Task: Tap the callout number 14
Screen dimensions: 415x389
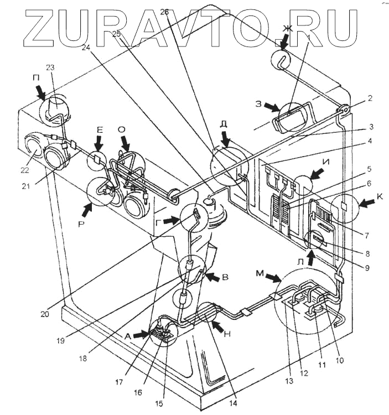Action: click(x=233, y=402)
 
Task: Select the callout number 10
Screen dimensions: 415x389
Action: click(x=339, y=360)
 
